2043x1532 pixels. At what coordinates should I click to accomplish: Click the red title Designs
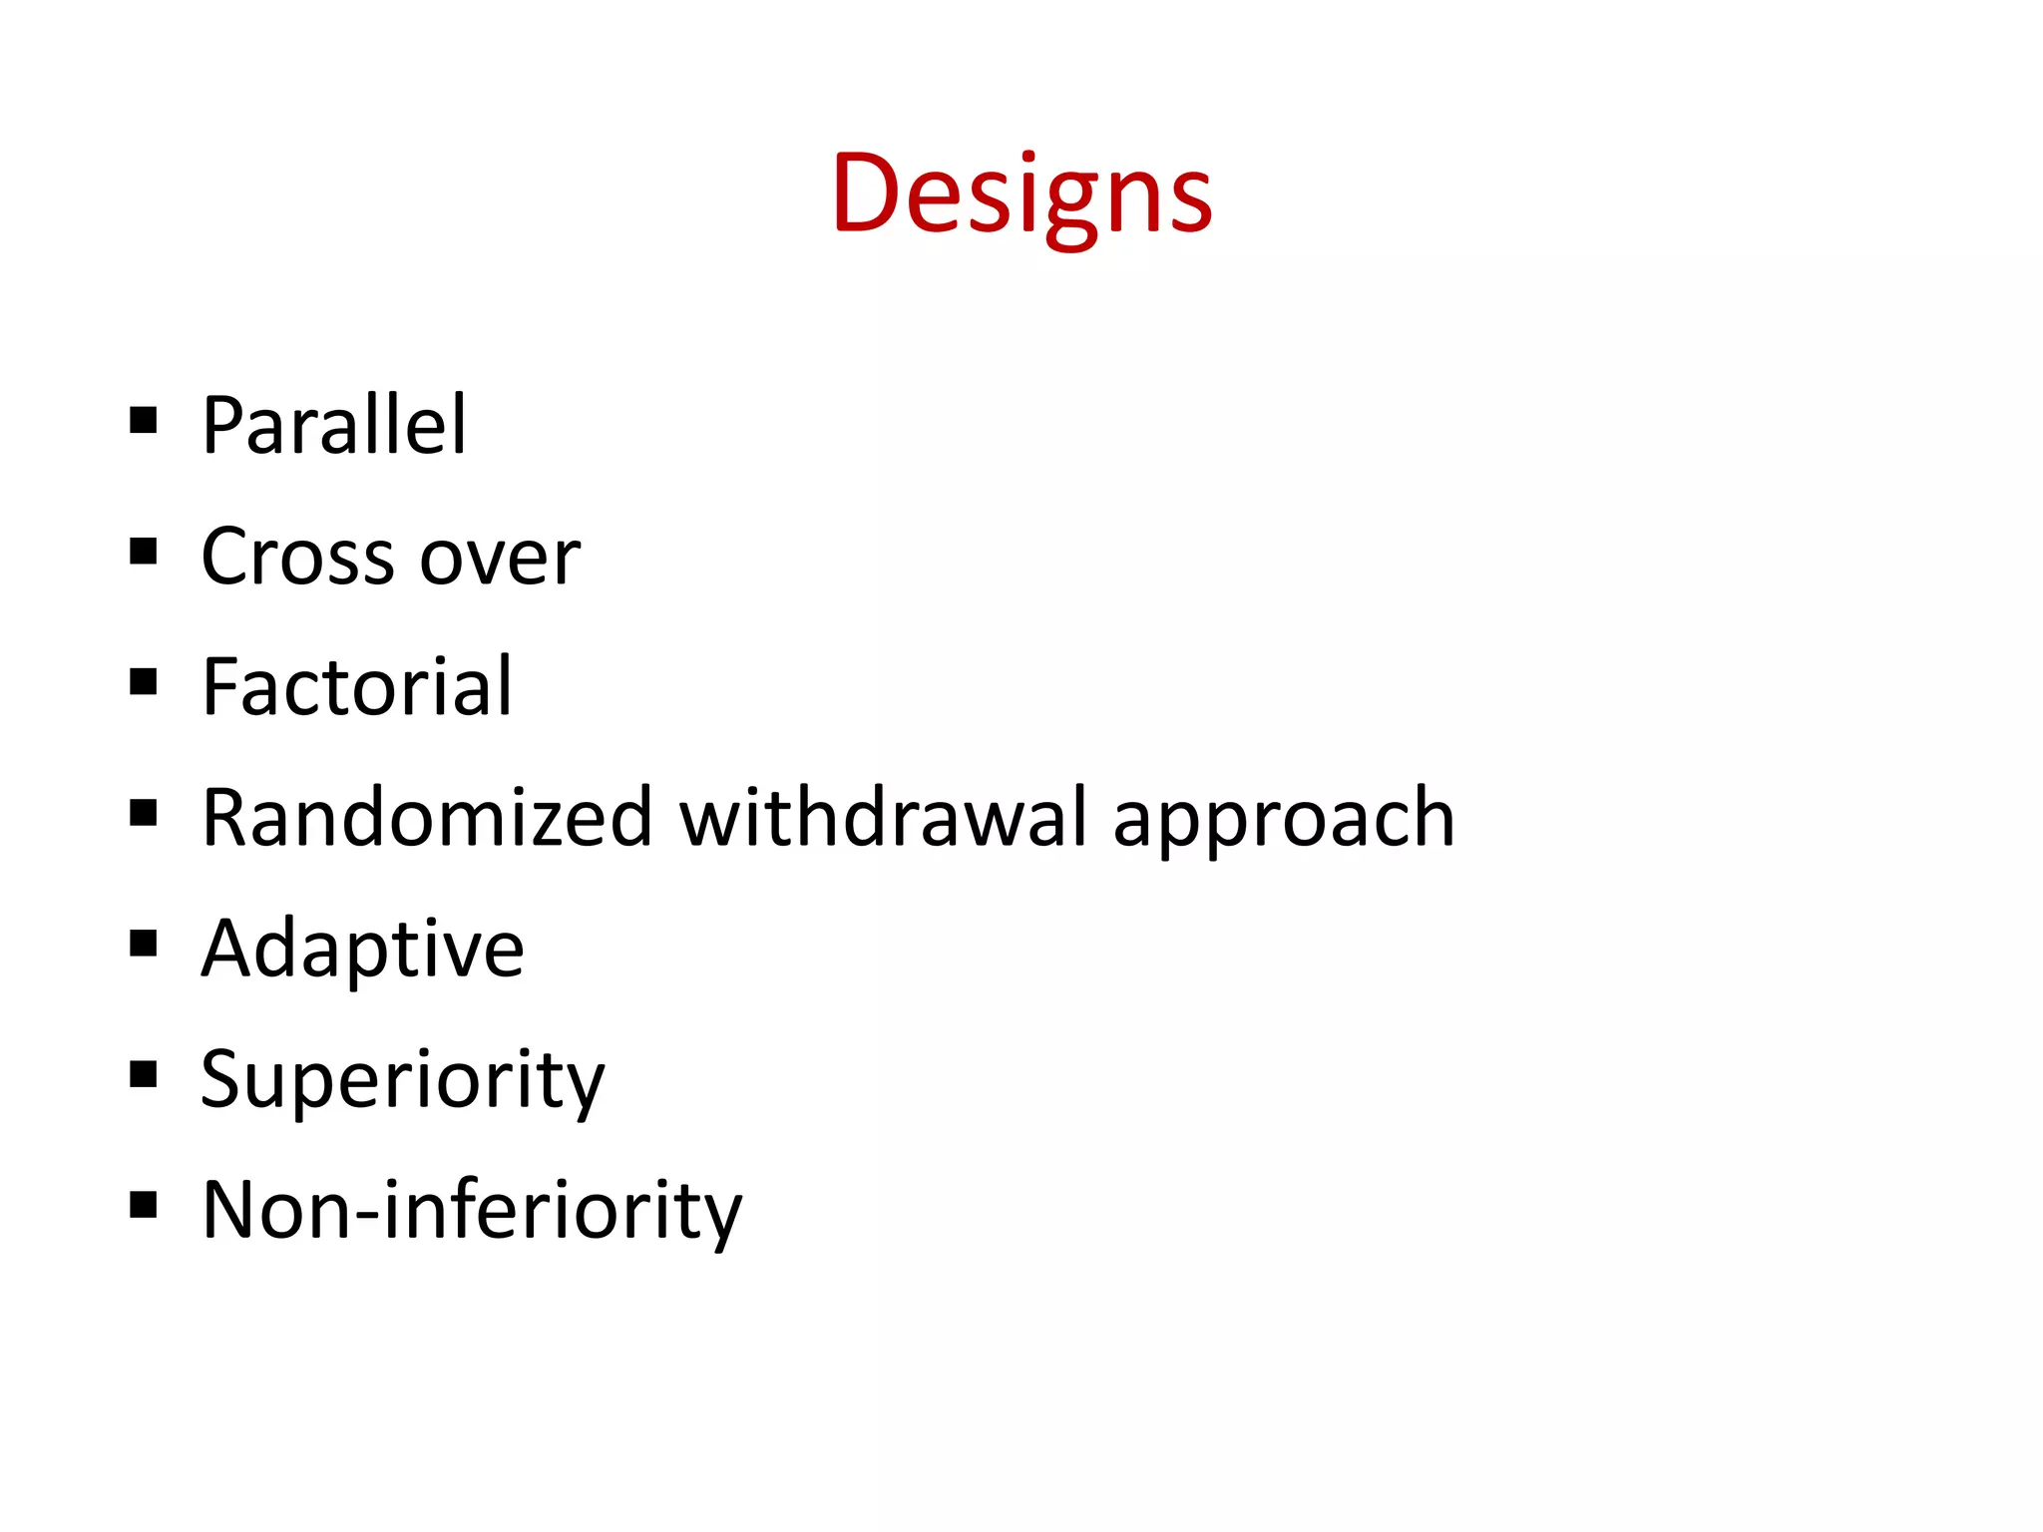(x=1021, y=194)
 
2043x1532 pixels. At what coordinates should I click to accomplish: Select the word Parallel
(x=334, y=426)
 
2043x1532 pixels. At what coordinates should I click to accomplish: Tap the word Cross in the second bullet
(x=297, y=557)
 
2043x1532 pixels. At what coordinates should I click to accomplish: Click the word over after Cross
(x=500, y=559)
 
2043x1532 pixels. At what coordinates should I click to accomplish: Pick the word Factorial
(x=357, y=687)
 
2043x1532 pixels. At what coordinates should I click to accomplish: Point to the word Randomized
(x=427, y=818)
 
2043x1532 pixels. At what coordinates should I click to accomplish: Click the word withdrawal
(x=883, y=818)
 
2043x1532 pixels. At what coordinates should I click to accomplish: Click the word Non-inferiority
(x=472, y=1211)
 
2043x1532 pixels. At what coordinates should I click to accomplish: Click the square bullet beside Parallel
(x=144, y=421)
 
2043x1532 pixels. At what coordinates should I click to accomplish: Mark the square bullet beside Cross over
(x=144, y=552)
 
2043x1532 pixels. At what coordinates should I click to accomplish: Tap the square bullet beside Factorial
(x=144, y=682)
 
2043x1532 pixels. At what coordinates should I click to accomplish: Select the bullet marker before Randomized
(x=144, y=813)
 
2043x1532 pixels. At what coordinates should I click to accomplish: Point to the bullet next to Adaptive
(x=144, y=944)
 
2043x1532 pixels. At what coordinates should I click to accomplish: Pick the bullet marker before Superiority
(x=144, y=1074)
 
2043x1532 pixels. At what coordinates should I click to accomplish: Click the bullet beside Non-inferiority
(x=144, y=1205)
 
